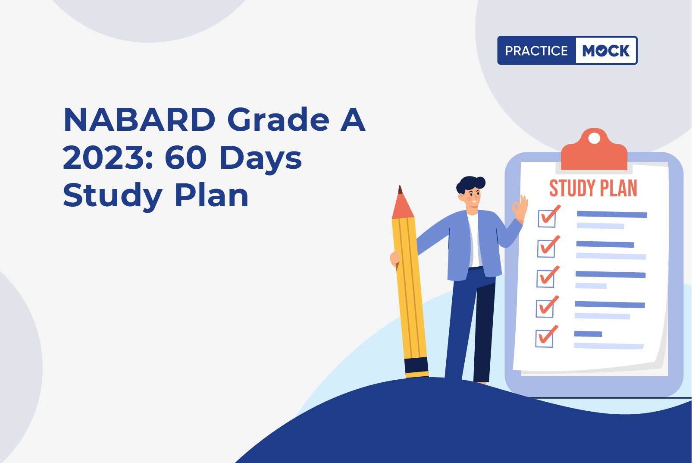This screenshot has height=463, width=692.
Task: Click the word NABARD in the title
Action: [139, 120]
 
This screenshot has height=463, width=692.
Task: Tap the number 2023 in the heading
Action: [108, 157]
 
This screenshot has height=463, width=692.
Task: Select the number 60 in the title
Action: [186, 157]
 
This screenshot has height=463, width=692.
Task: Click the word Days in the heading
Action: [260, 160]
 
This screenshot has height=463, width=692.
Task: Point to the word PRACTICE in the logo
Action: [536, 51]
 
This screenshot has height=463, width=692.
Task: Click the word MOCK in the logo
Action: [606, 50]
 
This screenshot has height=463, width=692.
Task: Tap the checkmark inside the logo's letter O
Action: [601, 50]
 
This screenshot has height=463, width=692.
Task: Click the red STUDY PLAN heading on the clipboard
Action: [593, 188]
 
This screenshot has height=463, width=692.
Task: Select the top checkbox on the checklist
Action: [547, 218]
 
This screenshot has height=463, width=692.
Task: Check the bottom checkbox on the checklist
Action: [545, 338]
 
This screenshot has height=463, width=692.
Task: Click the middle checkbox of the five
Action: [545, 278]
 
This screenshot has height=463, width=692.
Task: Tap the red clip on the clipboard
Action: [594, 150]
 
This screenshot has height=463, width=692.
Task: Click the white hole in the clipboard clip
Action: [595, 138]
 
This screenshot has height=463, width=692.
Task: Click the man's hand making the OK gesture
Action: [520, 208]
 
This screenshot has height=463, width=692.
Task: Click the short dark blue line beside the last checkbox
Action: [588, 334]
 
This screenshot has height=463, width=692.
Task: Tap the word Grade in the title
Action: [279, 120]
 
